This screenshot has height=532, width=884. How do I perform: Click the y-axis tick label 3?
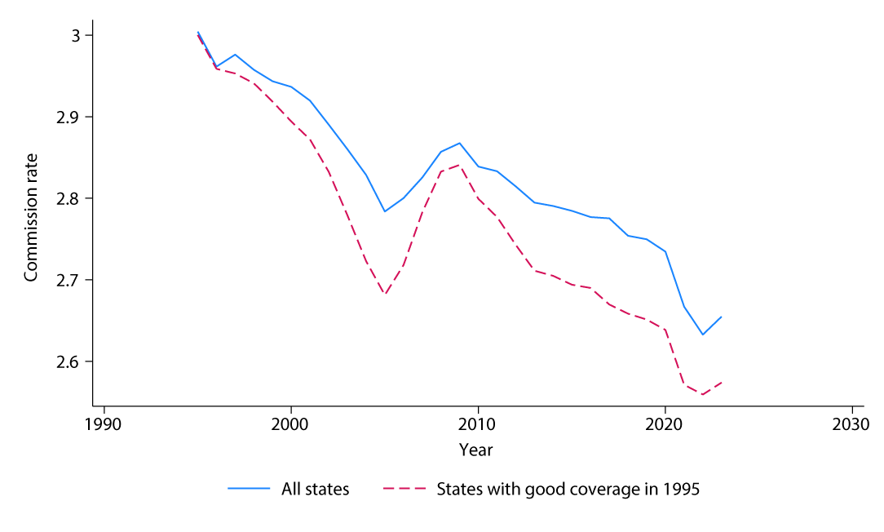coord(77,36)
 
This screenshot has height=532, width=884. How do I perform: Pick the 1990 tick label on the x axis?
coord(104,425)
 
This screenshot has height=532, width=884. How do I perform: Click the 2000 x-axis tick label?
coord(291,425)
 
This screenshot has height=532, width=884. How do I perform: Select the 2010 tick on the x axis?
coord(478,425)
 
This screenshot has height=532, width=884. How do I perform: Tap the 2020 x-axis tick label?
coord(665,425)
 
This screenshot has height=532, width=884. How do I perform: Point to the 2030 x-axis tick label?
coord(851,425)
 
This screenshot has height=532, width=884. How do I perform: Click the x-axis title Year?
coord(475,450)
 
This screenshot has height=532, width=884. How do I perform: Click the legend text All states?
coord(315,490)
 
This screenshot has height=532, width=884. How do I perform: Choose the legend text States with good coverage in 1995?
coord(568,490)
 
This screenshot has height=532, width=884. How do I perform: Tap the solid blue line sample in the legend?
coord(249,490)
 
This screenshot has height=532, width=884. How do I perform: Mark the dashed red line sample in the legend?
coord(404,490)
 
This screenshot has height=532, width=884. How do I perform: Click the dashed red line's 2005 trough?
coord(385,295)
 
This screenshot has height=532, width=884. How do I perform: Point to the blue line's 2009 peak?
coord(459,143)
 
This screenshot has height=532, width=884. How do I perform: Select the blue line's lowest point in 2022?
coord(702,335)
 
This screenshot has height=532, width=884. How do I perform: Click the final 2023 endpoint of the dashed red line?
coord(721,382)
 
